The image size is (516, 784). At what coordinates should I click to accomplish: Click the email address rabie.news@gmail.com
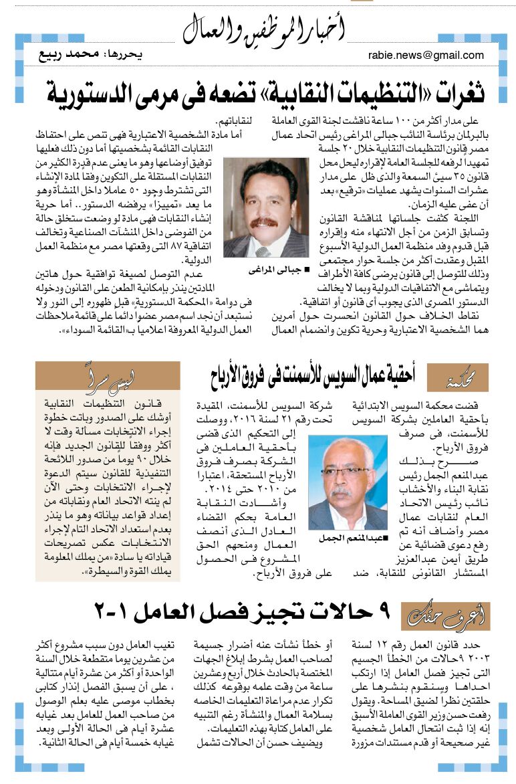point(426,56)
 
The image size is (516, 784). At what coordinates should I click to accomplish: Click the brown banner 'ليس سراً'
point(107,375)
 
